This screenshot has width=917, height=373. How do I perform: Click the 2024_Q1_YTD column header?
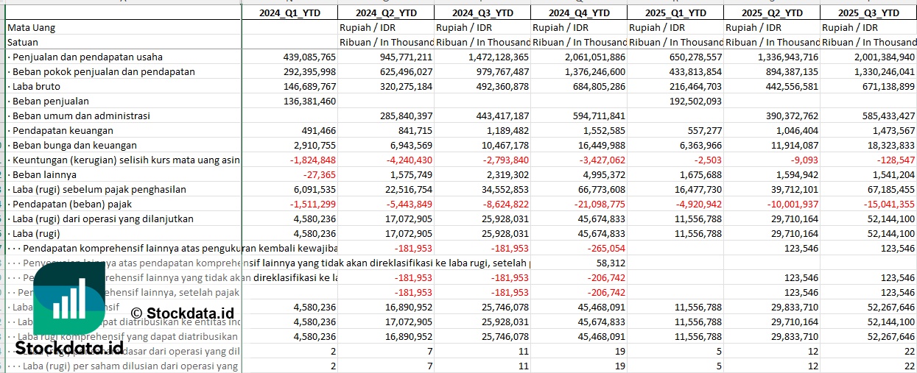[x=289, y=13]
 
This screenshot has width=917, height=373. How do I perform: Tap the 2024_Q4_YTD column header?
[x=578, y=13]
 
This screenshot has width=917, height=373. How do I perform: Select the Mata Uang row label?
[x=31, y=27]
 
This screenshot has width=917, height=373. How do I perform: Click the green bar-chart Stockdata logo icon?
[x=69, y=299]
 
